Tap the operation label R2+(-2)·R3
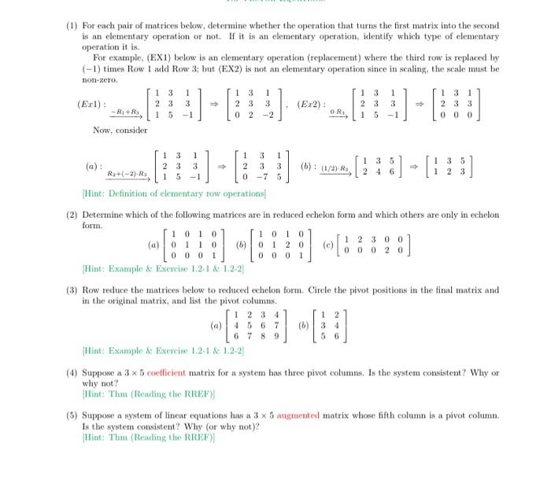click(x=127, y=173)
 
